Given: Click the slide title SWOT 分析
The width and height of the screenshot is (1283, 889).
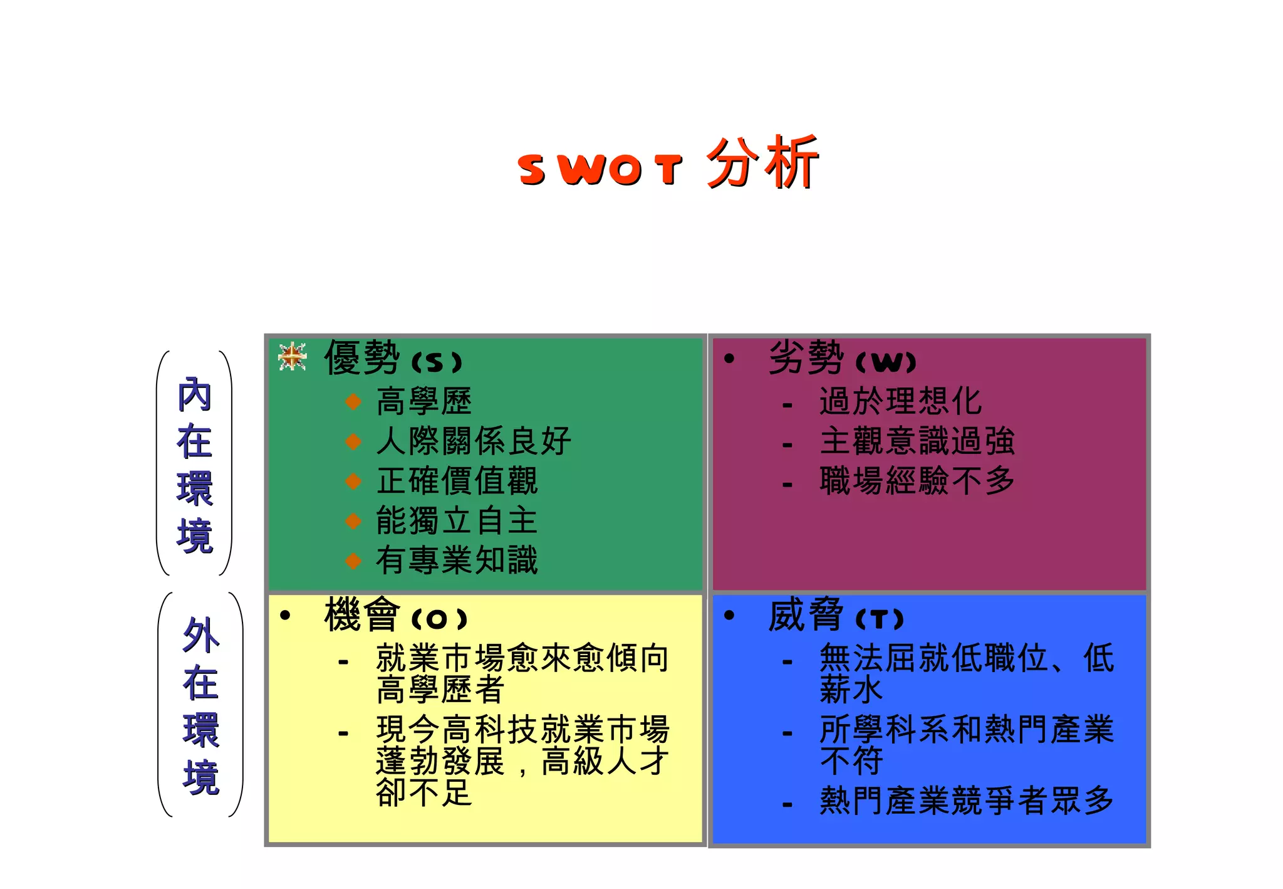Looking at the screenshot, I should (668, 163).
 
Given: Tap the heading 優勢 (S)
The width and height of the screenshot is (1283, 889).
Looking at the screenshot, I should (393, 359).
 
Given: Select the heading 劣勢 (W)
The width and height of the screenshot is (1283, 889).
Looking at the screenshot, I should (841, 359).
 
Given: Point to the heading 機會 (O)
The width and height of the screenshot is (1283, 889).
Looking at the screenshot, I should (395, 616).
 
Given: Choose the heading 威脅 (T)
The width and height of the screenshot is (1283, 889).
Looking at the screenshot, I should (836, 616).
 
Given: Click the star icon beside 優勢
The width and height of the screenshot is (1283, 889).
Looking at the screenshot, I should (292, 357).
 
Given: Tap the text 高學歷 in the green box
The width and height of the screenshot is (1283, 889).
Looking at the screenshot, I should (424, 401).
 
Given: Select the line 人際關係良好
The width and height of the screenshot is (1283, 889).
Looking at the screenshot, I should (474, 441).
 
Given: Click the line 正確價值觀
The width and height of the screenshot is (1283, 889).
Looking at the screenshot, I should (457, 481).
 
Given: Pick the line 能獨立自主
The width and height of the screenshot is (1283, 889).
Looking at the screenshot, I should (457, 521).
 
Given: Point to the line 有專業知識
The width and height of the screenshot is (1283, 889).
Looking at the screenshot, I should (457, 560).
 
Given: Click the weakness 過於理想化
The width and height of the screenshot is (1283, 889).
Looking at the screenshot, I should (900, 401).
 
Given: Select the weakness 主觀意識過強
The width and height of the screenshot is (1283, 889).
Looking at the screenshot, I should (917, 441).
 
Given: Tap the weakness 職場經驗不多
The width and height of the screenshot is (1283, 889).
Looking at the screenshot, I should (917, 481).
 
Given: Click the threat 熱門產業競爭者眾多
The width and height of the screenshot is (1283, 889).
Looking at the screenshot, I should (967, 801).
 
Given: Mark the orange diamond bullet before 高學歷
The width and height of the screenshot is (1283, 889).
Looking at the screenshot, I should (353, 401).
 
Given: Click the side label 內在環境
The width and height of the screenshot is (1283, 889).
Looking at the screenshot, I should (195, 464).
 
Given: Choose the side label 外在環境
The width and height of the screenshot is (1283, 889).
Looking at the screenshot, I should (200, 705).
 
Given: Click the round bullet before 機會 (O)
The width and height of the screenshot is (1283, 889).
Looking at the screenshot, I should (285, 616).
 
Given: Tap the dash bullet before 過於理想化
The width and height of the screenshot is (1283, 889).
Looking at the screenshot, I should (787, 406).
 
